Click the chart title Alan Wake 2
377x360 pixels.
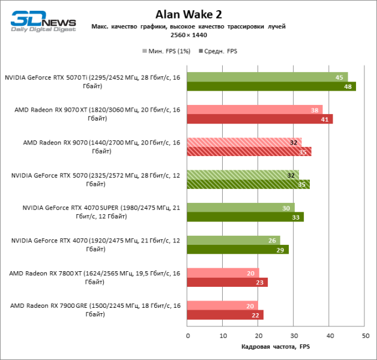coord(188,14)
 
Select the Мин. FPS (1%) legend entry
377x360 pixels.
coord(167,51)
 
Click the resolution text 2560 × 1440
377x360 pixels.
coord(188,35)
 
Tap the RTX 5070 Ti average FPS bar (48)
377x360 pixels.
coord(271,86)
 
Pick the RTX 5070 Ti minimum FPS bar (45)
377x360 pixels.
coord(267,77)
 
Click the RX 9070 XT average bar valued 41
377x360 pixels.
coord(259,119)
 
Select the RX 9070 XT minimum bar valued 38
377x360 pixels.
coord(255,109)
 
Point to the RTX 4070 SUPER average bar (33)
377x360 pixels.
coord(245,217)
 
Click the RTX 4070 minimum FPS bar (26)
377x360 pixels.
coord(233,240)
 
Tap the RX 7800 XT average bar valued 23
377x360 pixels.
coord(227,282)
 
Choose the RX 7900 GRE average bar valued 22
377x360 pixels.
coord(225,315)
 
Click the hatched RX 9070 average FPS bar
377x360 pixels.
coord(249,152)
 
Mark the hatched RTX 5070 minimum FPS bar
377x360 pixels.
coord(243,175)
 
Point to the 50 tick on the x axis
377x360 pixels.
coord(364,335)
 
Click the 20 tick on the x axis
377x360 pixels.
coord(258,335)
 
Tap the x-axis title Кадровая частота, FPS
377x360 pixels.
coord(276,347)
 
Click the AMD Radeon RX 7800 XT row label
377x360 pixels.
coord(95,277)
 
